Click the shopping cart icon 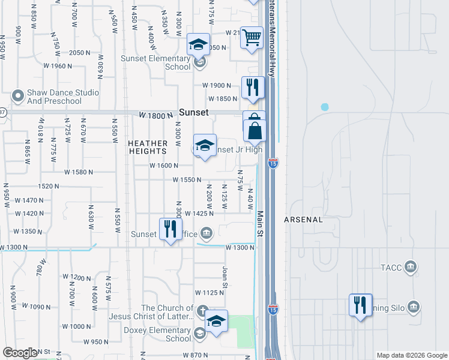click(252, 38)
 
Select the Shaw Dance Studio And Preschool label click(54, 97)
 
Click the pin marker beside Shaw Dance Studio click(18, 95)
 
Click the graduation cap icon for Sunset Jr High click(205, 145)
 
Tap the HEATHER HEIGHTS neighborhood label click(147, 148)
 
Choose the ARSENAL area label click(304, 220)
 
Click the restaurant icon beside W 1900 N click(253, 88)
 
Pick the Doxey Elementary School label click(157, 334)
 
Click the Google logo click(20, 353)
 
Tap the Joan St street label click(226, 275)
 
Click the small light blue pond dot click(325, 107)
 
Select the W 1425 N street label click(199, 213)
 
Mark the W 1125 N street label click(209, 292)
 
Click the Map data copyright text click(411, 355)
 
